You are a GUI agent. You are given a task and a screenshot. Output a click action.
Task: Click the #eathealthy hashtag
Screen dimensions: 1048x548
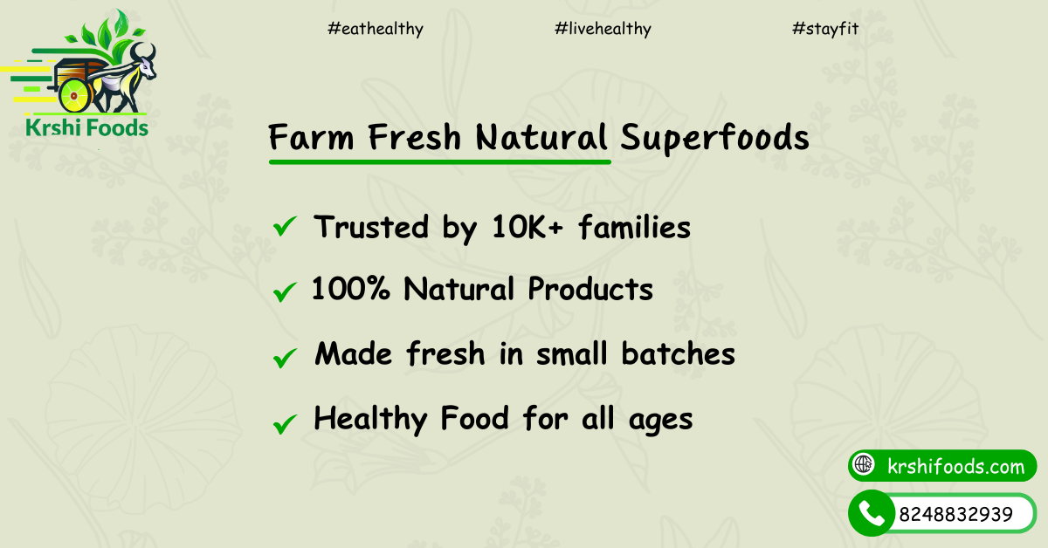point(376,29)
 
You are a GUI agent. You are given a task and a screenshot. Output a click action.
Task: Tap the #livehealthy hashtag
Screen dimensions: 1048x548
point(603,29)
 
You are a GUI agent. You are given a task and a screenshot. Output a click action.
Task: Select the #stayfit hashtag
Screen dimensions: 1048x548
point(825,29)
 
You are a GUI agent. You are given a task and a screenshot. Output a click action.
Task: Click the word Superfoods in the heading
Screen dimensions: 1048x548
point(714,138)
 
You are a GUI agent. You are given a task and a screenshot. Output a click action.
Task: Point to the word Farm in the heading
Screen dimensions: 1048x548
point(311,138)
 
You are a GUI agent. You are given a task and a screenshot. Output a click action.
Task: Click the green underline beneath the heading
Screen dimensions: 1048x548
point(440,162)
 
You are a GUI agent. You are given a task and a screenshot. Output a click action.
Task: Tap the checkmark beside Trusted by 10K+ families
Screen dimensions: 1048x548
point(285,226)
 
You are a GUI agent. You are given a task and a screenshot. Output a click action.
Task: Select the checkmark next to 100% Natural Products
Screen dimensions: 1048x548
point(285,292)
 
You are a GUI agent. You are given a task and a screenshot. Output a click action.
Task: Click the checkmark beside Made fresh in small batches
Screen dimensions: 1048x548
point(285,358)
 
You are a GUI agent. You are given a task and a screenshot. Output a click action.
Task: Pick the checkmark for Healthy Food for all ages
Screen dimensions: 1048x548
point(285,424)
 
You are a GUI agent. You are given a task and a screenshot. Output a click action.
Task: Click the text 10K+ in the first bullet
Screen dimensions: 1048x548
point(527,227)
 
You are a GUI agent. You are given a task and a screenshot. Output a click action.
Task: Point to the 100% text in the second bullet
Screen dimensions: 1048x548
point(350,288)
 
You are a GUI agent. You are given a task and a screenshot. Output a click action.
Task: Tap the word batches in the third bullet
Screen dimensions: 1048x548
point(678,353)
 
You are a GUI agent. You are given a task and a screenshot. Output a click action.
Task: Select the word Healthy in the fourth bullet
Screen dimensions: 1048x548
point(370,419)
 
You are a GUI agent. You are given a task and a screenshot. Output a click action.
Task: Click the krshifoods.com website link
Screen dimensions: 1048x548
point(955,466)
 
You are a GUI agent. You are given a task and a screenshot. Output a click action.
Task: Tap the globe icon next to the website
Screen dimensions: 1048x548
point(864,464)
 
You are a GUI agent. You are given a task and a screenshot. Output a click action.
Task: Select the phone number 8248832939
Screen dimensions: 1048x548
point(955,514)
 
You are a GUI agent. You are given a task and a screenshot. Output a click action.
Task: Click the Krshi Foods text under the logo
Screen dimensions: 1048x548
point(86,127)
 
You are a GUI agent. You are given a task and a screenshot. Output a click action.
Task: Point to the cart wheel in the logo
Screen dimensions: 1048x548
point(75,95)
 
